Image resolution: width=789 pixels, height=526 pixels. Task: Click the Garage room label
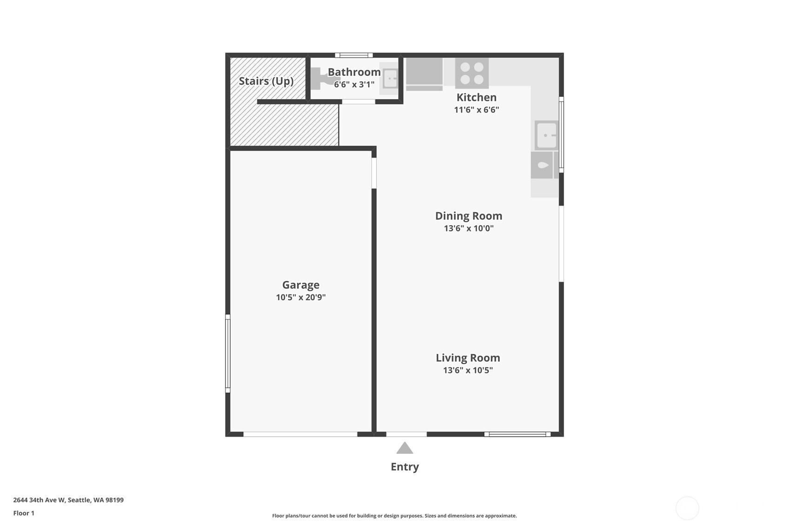[301, 285]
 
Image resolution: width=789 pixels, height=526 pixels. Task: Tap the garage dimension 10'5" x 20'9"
[301, 297]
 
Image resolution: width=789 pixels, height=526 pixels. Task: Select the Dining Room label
[469, 216]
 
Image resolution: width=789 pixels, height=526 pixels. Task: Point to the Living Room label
[468, 358]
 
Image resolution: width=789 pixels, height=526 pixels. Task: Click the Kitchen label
[477, 97]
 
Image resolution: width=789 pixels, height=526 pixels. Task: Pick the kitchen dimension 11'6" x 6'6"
[477, 110]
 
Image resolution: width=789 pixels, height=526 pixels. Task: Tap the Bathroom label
[354, 72]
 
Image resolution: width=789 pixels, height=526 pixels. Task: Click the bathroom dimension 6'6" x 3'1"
[354, 85]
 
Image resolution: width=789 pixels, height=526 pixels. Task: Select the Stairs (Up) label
[266, 81]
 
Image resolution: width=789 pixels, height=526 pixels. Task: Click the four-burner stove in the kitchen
[472, 73]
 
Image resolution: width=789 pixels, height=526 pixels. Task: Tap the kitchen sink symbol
[546, 135]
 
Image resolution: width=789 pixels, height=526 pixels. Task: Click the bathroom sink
[390, 79]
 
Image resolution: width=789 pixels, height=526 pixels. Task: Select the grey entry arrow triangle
[404, 448]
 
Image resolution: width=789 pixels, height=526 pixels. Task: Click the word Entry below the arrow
[404, 467]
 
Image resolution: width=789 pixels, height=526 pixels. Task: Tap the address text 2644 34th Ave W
[39, 500]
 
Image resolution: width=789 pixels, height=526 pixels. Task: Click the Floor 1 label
[24, 513]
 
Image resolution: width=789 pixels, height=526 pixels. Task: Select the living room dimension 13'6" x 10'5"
[468, 370]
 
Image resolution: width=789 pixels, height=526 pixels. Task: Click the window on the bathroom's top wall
[354, 55]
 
